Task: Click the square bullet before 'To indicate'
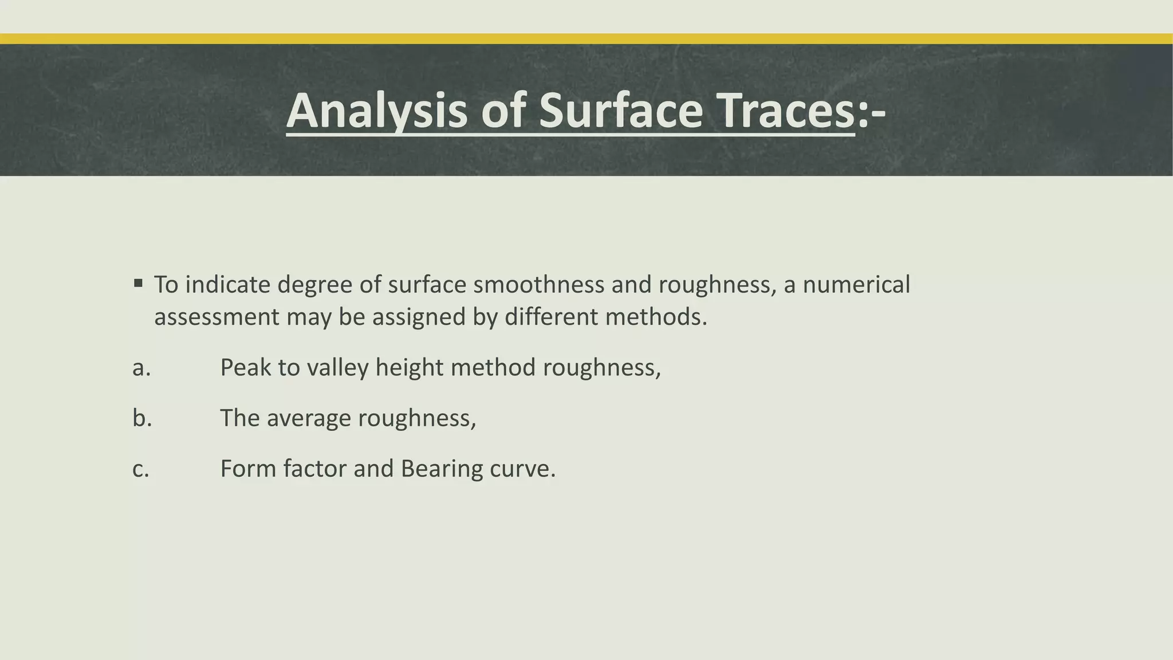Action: pyautogui.click(x=138, y=283)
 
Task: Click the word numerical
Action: pyautogui.click(x=856, y=285)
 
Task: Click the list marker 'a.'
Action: pyautogui.click(x=141, y=367)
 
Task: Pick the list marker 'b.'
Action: pyautogui.click(x=142, y=418)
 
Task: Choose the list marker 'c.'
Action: pyautogui.click(x=141, y=469)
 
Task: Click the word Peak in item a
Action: pyautogui.click(x=245, y=367)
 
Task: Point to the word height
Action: pyautogui.click(x=410, y=367)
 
